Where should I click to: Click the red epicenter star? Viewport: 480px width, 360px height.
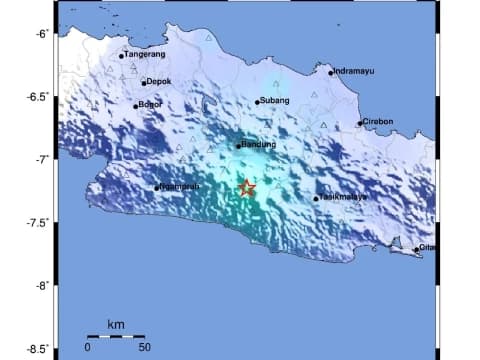click(x=247, y=188)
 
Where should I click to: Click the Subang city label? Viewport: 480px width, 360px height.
click(x=274, y=100)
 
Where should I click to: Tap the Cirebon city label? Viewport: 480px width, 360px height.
click(x=379, y=122)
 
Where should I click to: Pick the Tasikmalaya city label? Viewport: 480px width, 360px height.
click(x=344, y=197)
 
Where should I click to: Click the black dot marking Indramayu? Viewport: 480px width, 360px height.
click(x=331, y=72)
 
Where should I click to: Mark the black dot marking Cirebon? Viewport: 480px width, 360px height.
click(x=360, y=124)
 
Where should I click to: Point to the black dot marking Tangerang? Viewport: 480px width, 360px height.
click(x=121, y=56)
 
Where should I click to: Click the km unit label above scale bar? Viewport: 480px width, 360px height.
click(x=115, y=326)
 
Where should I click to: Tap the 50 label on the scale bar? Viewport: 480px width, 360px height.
click(x=144, y=347)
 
